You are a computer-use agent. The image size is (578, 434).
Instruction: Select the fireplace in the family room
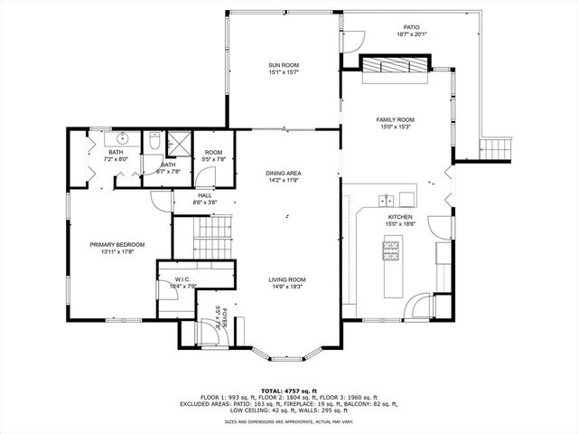coord(395,64)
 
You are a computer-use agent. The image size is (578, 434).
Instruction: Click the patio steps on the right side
coord(498,146)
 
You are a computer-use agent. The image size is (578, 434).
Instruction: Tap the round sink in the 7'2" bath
coord(122,140)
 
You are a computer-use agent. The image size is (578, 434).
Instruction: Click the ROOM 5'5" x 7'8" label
coord(213,156)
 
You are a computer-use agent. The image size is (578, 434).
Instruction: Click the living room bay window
coord(287,346)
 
